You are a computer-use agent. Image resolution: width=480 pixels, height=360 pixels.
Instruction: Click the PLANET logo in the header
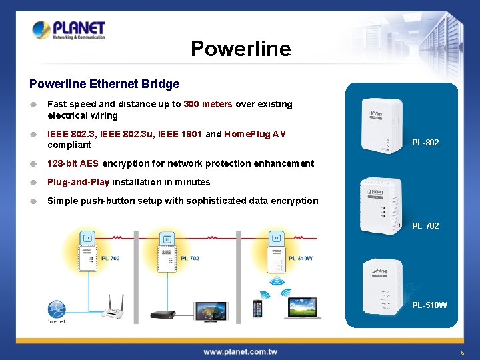click(x=69, y=30)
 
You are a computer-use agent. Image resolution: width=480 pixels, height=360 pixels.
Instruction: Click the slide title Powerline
click(x=241, y=49)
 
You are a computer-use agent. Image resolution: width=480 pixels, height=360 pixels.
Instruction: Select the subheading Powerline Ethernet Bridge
click(x=105, y=84)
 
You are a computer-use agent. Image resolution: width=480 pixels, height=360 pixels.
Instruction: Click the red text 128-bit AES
click(x=73, y=163)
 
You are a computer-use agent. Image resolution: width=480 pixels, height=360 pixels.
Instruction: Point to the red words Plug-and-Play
click(x=79, y=182)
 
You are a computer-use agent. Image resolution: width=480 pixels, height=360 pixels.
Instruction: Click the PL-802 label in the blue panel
click(x=425, y=142)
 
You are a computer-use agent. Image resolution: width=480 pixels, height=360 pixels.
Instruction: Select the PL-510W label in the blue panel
click(x=429, y=305)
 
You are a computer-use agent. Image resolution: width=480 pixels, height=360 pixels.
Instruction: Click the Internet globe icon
click(x=57, y=310)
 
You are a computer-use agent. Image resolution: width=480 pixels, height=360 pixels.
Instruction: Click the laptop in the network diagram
click(x=304, y=307)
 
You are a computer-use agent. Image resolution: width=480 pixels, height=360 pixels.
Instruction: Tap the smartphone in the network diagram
click(x=257, y=309)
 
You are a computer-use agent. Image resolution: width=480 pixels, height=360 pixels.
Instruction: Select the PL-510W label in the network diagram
click(x=300, y=259)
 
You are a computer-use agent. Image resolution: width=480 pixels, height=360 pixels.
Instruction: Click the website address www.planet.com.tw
click(x=240, y=351)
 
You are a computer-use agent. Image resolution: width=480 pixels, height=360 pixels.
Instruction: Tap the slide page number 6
click(x=462, y=352)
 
